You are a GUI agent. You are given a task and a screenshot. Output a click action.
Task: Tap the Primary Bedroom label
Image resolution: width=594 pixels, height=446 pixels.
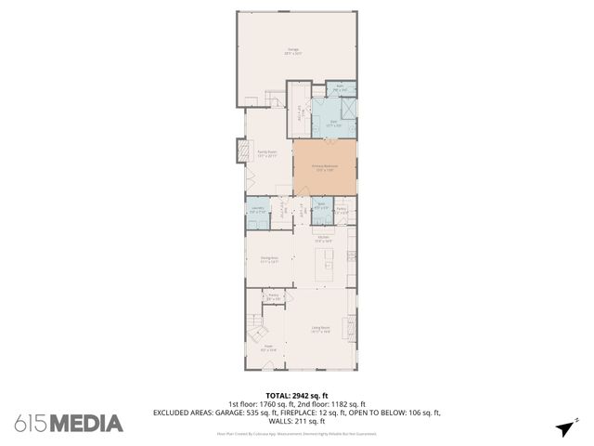click(324, 167)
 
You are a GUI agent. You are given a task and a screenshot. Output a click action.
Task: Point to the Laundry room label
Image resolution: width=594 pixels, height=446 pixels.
click(257, 210)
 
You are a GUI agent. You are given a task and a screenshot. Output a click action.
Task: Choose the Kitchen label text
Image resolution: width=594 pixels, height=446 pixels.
click(324, 239)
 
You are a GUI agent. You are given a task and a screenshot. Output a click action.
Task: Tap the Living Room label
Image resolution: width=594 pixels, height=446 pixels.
click(321, 328)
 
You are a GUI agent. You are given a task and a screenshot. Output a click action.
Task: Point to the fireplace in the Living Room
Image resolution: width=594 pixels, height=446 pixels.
click(351, 327)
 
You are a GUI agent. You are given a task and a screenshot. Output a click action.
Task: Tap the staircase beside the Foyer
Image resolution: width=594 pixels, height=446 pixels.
click(256, 329)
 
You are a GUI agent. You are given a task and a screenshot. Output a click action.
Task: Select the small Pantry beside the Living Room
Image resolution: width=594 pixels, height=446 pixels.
click(274, 297)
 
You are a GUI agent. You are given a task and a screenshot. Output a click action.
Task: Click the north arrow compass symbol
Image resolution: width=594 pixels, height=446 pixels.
click(562, 427)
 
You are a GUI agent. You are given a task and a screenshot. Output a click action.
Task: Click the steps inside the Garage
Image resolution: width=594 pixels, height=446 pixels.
click(273, 98)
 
